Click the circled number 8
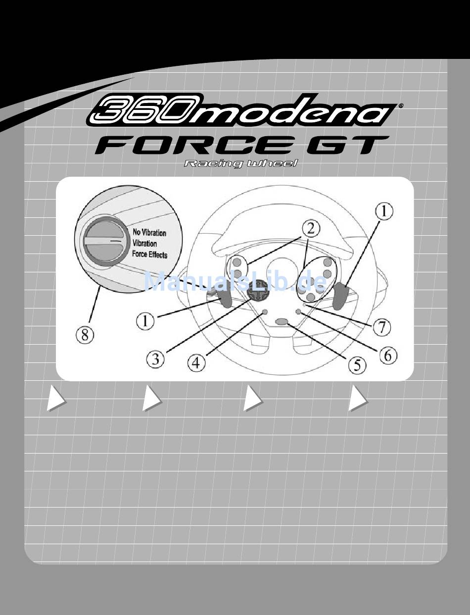[x=85, y=336]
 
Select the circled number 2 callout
[x=310, y=229]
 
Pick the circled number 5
[x=357, y=365]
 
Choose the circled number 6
[x=388, y=356]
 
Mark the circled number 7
[x=381, y=327]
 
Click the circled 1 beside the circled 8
[x=145, y=321]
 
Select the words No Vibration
[x=149, y=232]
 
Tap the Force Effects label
[x=150, y=255]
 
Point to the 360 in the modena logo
[x=135, y=111]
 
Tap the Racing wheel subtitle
[x=241, y=164]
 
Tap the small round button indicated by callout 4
[x=265, y=312]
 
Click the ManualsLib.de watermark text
[x=235, y=282]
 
